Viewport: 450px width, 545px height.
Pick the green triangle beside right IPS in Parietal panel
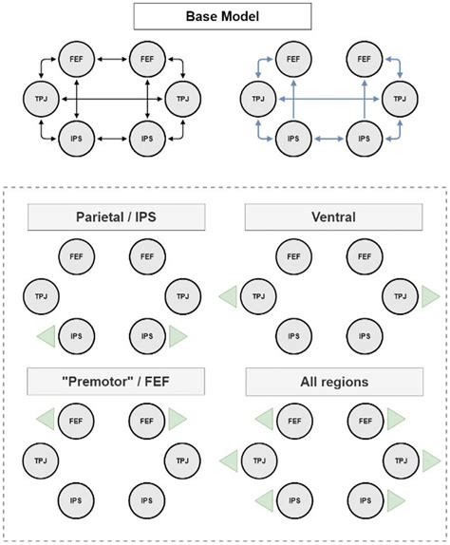point(176,336)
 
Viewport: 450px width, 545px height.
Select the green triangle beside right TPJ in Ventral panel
point(429,296)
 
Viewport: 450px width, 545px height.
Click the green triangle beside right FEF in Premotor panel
point(176,418)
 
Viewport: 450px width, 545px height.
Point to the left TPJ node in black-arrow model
point(39,98)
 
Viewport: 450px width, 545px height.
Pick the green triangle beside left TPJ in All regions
point(229,460)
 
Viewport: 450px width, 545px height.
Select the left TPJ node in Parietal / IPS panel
point(39,296)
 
